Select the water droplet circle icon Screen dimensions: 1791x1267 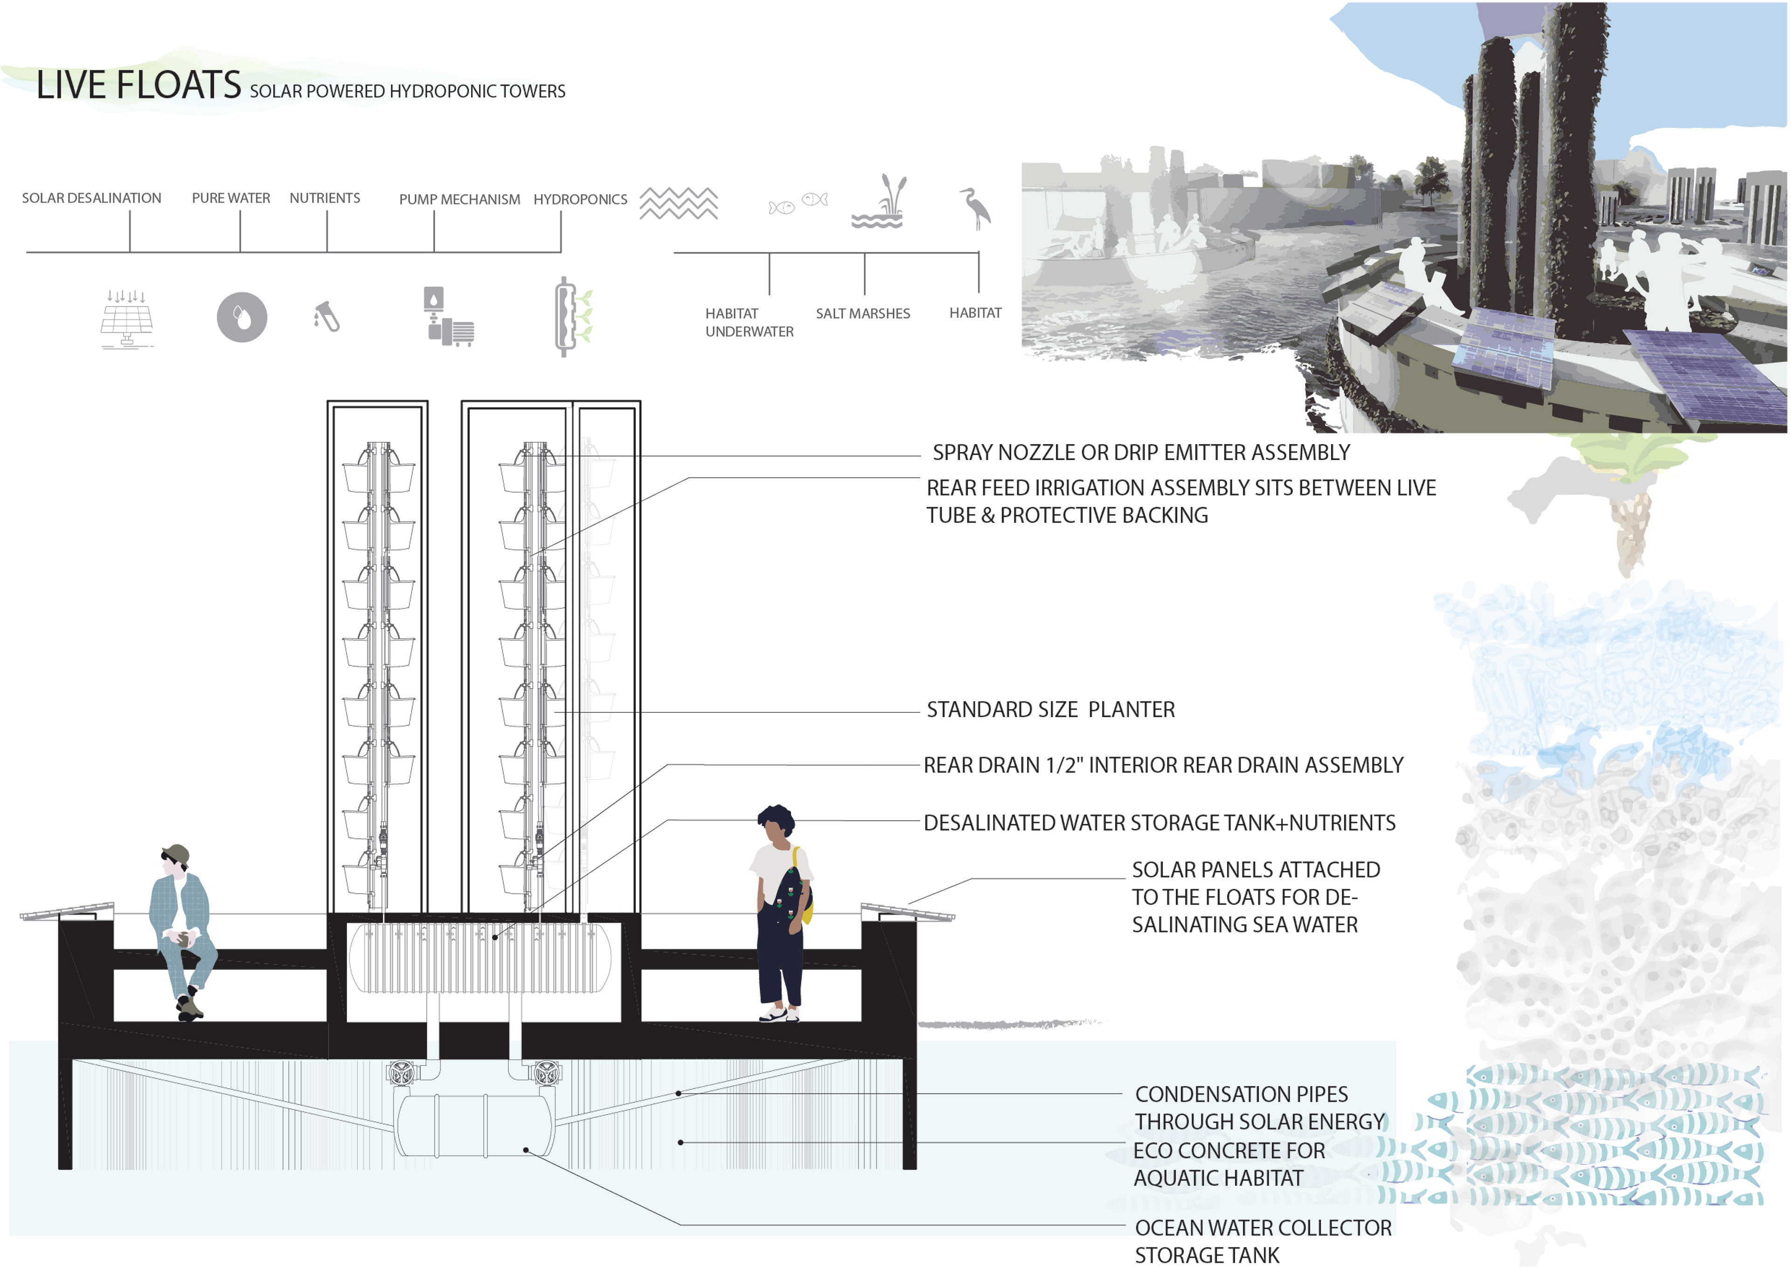coord(242,317)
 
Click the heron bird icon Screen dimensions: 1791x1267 coord(976,208)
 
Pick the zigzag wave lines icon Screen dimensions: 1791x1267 coord(679,203)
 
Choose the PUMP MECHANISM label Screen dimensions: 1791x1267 coord(459,200)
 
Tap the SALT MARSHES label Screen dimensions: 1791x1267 coord(863,313)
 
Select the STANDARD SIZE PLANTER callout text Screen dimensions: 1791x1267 coord(1050,710)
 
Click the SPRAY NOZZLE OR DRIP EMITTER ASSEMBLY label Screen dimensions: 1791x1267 coord(1140,452)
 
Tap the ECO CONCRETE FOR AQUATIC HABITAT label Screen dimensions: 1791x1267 coord(1229,1164)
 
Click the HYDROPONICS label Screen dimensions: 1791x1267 coord(580,200)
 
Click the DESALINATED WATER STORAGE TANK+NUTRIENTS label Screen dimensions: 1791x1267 coord(1159,823)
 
